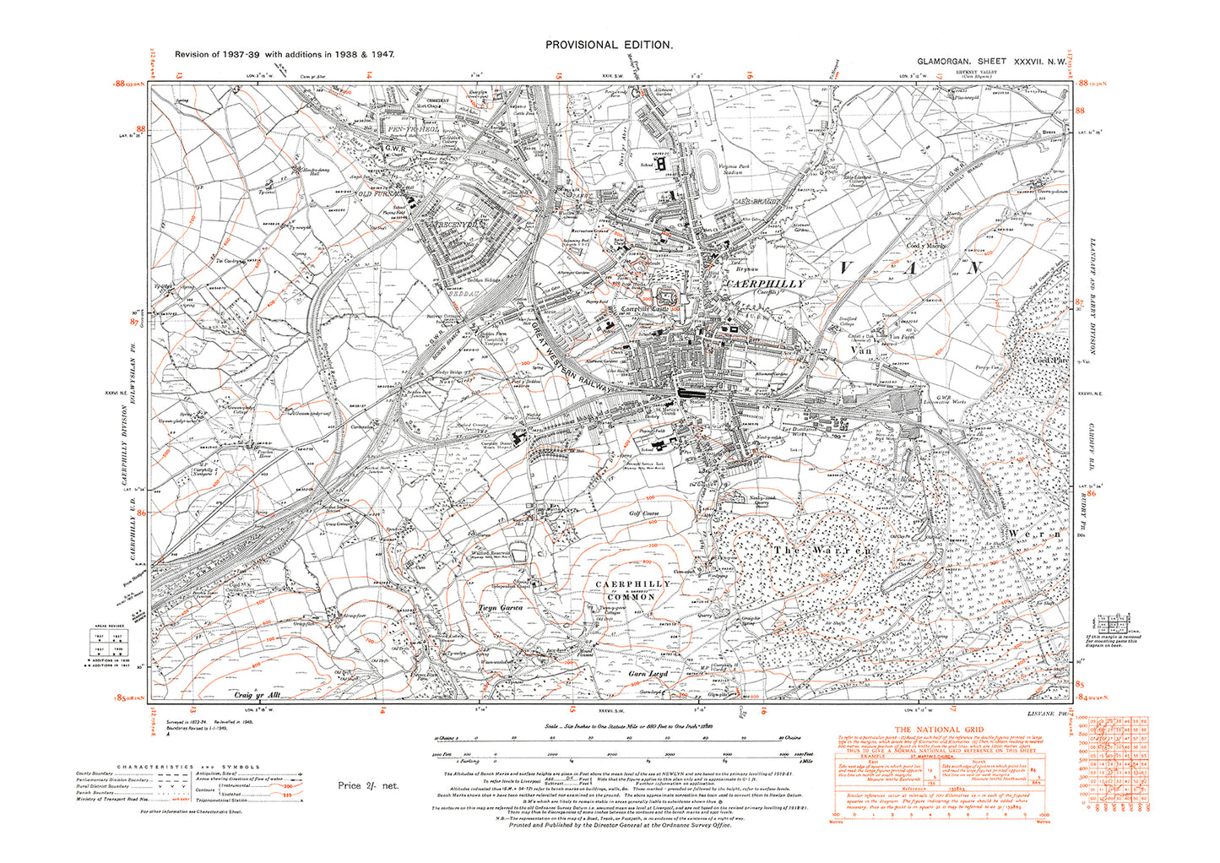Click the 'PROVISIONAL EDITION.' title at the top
pos(609,46)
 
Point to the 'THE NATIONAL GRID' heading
pos(939,730)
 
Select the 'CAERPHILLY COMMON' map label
pos(626,590)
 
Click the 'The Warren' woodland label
pos(822,551)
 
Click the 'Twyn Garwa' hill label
pos(501,607)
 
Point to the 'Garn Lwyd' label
pos(648,674)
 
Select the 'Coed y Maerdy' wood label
pos(926,247)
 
